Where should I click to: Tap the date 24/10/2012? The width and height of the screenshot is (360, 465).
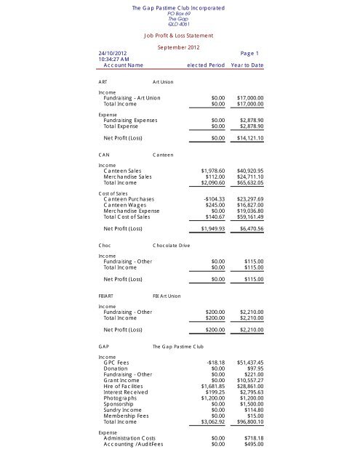tap(113, 53)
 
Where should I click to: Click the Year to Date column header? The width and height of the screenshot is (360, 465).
tap(247, 66)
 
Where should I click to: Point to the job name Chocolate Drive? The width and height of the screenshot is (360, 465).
tap(171, 246)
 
